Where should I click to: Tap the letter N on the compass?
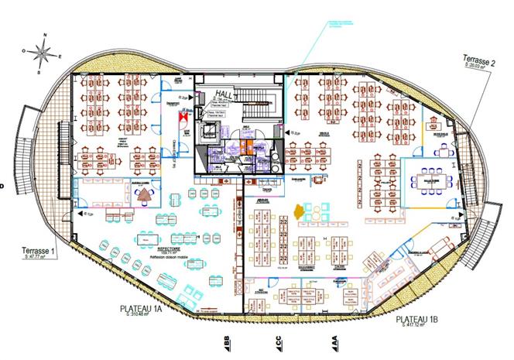pos(46,36)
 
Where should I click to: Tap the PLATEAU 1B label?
pos(418,319)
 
